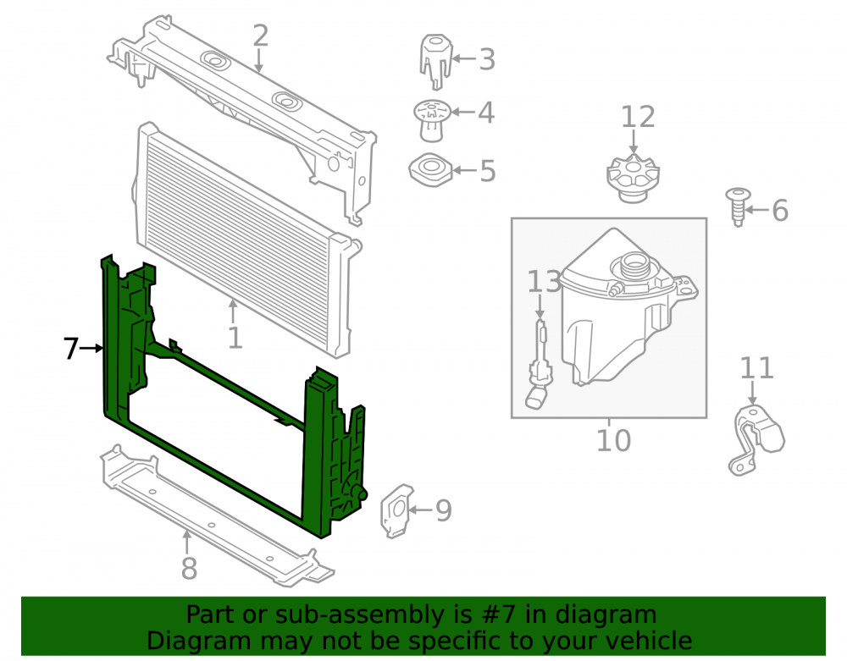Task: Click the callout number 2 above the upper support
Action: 260,36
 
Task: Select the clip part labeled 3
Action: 435,61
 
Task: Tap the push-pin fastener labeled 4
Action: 432,121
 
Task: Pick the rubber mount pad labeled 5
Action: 430,170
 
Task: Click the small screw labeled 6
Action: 738,207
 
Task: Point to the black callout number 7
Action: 71,348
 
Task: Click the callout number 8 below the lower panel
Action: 189,568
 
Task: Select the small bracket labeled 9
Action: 396,510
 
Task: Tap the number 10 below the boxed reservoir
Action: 613,440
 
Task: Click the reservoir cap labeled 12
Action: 633,179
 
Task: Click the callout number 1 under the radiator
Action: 235,339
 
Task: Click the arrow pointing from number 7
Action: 91,349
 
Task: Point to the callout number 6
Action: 779,210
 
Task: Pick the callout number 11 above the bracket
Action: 756,368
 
